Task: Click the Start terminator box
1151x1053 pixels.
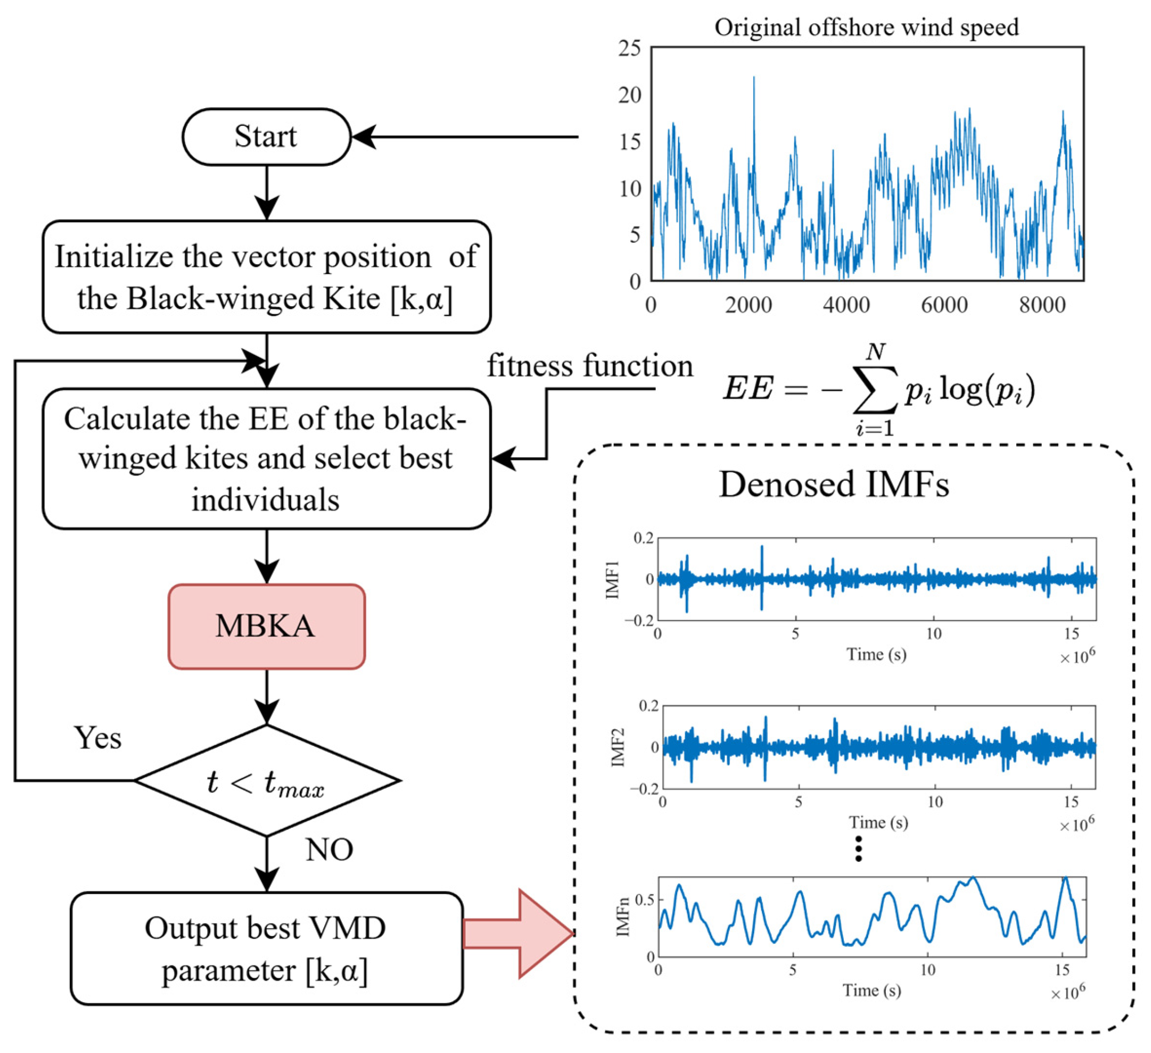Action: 266,137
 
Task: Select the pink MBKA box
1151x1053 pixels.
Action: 266,626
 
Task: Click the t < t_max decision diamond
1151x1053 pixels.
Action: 266,780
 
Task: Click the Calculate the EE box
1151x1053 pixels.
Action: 266,459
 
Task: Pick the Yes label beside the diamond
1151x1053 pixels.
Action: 97,738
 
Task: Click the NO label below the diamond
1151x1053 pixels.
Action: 329,850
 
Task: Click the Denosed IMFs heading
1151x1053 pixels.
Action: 833,485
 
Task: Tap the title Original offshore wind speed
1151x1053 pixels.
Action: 866,27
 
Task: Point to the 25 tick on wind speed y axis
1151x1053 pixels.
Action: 629,49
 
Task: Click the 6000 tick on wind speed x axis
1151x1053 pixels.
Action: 944,306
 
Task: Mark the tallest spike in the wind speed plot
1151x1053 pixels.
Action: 754,78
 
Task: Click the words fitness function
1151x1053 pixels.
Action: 590,366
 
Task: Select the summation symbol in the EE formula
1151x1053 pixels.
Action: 875,389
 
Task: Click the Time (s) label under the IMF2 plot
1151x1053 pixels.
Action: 878,823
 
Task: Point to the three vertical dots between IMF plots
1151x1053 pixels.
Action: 858,849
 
